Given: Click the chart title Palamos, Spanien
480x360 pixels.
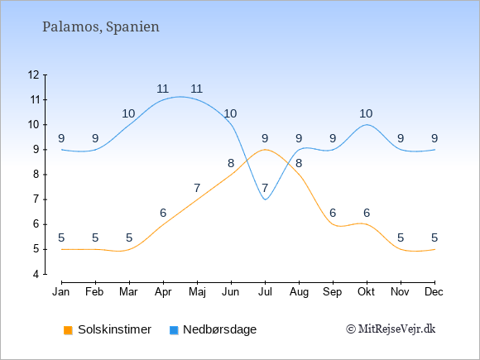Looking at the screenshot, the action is point(101,27).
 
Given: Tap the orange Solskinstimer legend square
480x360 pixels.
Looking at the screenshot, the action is point(68,330).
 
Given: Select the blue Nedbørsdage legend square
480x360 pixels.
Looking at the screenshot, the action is point(174,330).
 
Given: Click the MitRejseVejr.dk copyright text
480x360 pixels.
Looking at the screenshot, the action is point(391,329).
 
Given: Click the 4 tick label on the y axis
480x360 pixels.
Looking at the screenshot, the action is point(36,274).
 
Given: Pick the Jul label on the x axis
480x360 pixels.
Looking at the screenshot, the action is point(265,292).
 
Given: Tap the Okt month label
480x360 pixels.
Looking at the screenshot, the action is point(366,292).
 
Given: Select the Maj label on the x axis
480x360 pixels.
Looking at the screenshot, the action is point(197,292).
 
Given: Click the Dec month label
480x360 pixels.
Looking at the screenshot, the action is point(434,292).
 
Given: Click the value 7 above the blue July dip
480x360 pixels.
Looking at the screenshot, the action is point(265,188).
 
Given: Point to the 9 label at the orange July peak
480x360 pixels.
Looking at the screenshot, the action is point(265,138).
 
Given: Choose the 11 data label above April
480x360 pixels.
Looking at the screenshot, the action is point(162,89).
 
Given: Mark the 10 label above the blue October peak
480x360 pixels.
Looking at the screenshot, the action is point(366,113).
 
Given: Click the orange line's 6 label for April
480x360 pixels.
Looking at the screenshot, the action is point(163,213).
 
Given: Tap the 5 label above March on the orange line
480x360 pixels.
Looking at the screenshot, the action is point(129,238).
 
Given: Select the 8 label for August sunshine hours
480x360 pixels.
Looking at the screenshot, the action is point(299,163).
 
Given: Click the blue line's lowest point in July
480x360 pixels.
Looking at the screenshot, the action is point(265,199).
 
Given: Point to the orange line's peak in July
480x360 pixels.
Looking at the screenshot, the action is point(265,150).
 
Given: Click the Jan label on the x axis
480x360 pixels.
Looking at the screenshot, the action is point(61,292).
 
